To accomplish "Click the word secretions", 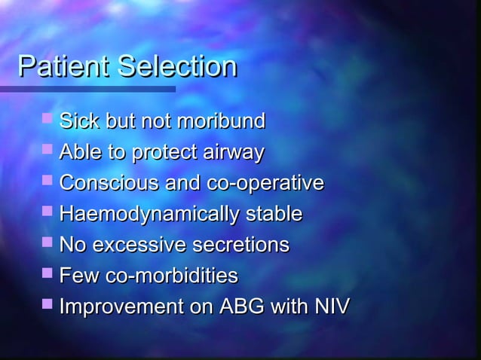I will (241, 246).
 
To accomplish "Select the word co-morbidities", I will (171, 276).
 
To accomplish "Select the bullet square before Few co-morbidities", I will (48, 274).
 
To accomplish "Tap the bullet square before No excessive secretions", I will (48, 243).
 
